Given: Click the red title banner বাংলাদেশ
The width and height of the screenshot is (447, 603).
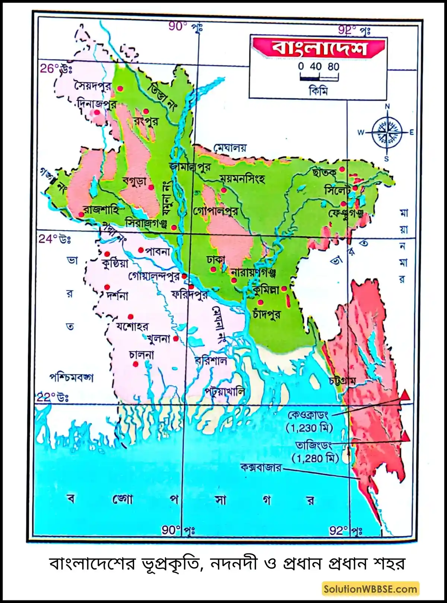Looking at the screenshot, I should point(318,48).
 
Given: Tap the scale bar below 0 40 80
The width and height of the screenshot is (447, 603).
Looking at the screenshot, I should point(319,78).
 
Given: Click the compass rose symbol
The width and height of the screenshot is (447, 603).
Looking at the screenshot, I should point(387,132).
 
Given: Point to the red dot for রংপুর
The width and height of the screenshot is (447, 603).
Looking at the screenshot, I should point(146,111).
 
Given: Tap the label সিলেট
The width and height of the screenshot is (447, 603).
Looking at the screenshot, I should point(337,191).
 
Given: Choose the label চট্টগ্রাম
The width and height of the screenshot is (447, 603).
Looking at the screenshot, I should point(343,381).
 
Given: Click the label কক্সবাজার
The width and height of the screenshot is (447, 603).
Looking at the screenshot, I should point(261,467).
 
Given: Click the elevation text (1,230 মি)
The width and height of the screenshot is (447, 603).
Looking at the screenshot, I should point(309,428).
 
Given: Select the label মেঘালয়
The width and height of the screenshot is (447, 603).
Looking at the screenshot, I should point(230,148).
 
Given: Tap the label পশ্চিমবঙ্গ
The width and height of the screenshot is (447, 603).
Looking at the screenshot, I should point(71,377).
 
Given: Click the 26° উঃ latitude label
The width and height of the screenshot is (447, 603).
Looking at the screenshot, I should point(56,69).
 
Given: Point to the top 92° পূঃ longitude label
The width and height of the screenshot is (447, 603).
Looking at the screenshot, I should point(354,30).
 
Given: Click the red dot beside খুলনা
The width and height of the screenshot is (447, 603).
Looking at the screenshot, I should point(175,339).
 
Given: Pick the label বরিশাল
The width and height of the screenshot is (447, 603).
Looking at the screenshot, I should point(211,360).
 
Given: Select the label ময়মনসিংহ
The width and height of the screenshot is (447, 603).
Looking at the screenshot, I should point(242,179).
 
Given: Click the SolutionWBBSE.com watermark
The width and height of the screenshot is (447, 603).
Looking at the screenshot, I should point(370,589).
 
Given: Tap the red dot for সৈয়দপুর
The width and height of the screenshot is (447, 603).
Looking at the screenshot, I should point(120,89).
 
